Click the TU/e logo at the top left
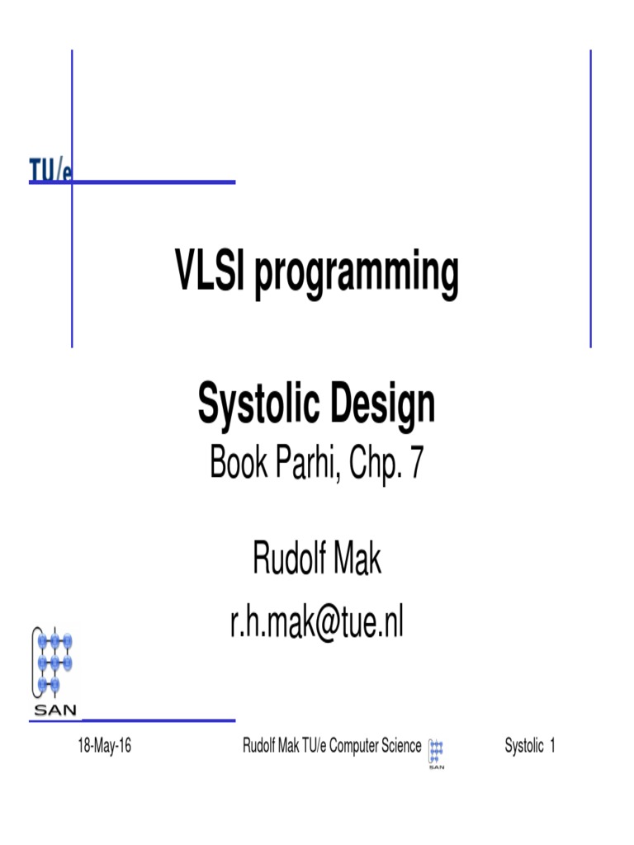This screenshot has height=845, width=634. tap(50, 169)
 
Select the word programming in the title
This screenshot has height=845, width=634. tap(356, 276)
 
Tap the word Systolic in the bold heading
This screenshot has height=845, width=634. tap(254, 405)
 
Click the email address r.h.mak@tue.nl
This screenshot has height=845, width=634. tap(317, 624)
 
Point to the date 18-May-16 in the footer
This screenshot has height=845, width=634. tap(105, 748)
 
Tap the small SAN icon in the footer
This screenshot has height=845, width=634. tap(436, 753)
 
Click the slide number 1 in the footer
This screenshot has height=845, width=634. tap(551, 748)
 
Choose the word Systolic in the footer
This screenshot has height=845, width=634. tap(523, 748)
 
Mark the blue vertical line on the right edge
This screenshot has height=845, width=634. tap(591, 198)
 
